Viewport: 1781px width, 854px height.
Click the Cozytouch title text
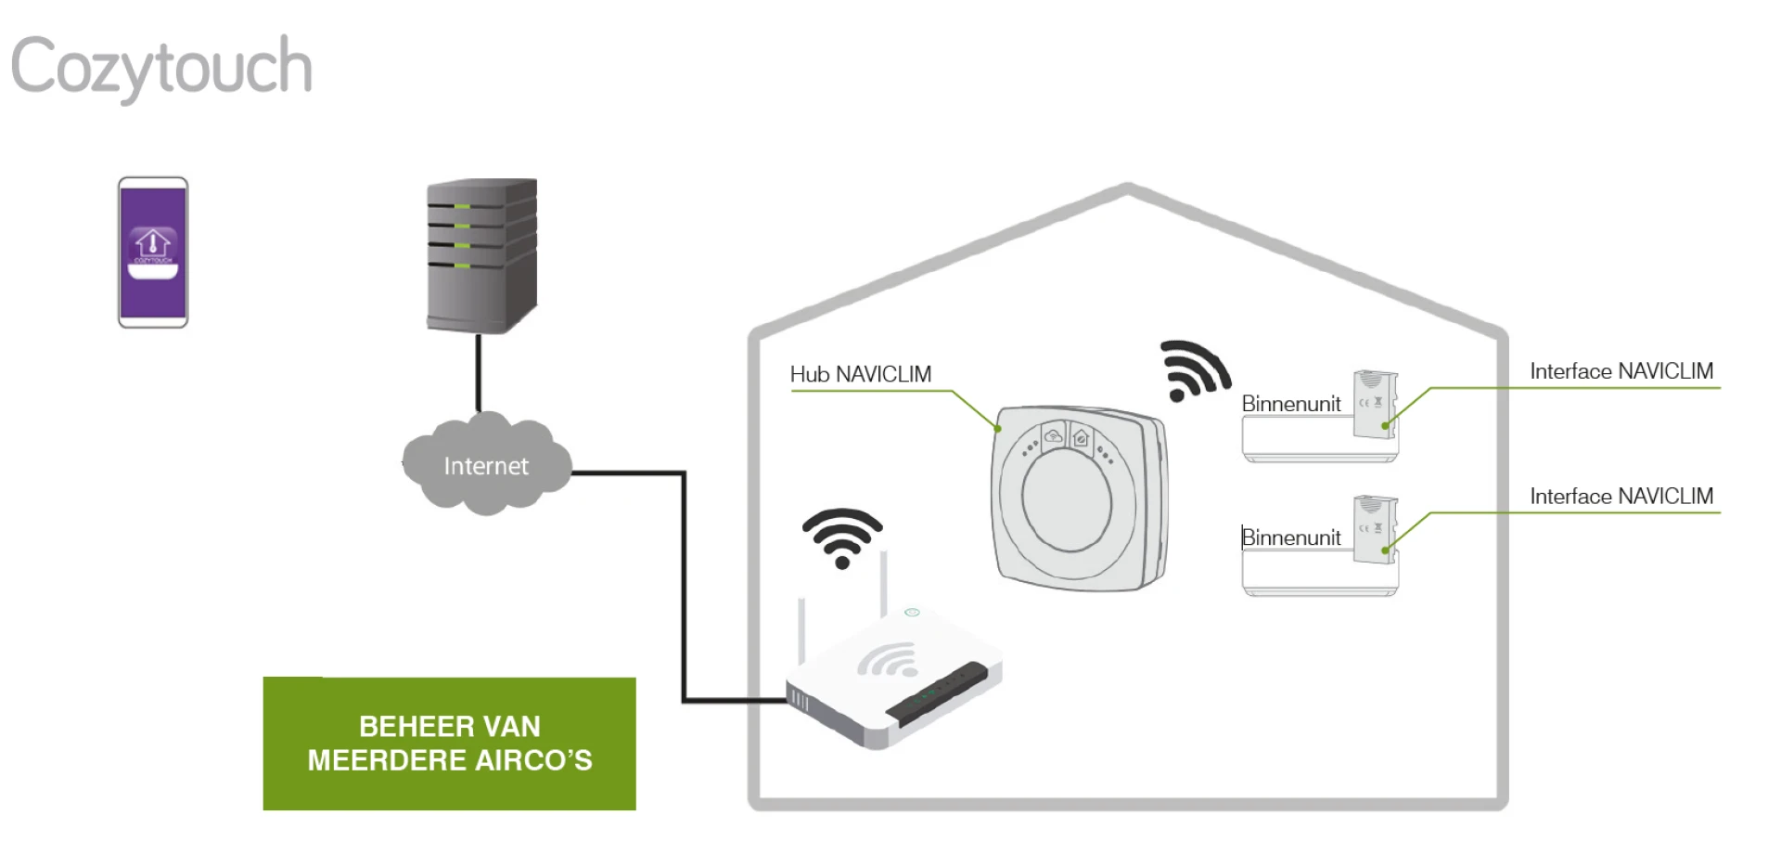(161, 67)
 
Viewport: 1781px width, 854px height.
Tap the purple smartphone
(153, 252)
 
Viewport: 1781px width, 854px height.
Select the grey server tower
(481, 255)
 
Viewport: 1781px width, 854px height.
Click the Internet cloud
(485, 465)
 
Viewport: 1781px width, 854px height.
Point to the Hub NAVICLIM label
(860, 374)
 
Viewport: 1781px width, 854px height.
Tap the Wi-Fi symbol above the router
(842, 537)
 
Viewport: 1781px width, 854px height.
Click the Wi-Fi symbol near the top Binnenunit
(1194, 370)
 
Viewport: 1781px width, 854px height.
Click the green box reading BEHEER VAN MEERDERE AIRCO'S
(450, 743)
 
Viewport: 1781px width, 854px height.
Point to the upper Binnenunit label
(1290, 404)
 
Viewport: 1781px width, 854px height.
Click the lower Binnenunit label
(1290, 537)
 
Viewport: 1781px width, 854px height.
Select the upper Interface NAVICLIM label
(1621, 371)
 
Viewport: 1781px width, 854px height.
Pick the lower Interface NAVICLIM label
(1621, 497)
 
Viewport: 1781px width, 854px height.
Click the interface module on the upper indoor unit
(1374, 404)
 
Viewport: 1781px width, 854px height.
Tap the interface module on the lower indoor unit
(1374, 529)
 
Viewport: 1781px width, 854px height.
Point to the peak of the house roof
(1127, 189)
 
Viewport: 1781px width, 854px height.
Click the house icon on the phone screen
(153, 243)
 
